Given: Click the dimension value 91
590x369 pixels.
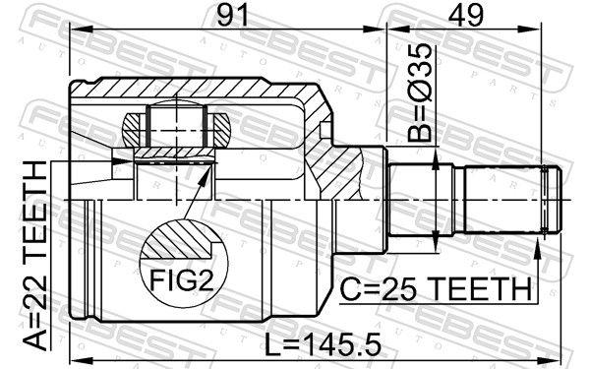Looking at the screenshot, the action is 233,15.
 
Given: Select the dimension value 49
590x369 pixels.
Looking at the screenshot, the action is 466,15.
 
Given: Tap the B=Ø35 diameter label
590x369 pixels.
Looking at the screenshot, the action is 420,92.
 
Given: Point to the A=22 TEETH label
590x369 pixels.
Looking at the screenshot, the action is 35,256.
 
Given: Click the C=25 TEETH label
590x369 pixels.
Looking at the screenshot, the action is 436,289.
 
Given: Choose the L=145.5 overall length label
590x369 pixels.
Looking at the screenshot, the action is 324,345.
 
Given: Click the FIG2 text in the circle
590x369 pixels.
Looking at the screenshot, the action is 182,280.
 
